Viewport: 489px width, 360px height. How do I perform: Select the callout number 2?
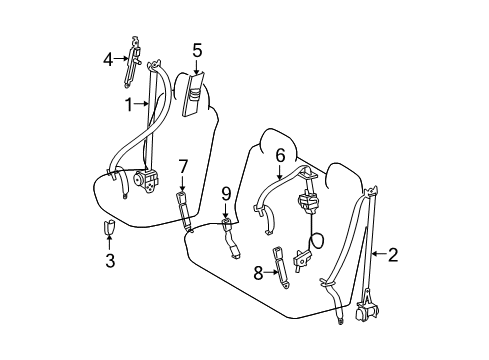coord(392,255)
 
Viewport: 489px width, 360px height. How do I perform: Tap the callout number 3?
coord(110,262)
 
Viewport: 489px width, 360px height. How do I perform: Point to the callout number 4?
coord(109,59)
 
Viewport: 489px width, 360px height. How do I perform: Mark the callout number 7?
coord(183,165)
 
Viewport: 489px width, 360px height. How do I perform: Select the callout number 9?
coord(226,194)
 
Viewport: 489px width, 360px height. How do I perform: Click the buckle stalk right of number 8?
coord(282,267)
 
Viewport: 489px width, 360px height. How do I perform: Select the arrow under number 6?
coord(281,174)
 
